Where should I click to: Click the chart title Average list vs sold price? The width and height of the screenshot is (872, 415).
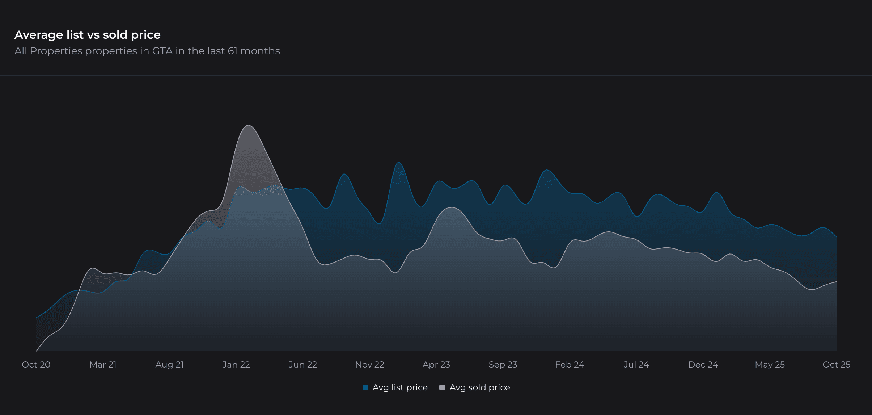point(88,35)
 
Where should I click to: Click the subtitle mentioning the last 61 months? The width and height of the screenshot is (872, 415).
point(147,51)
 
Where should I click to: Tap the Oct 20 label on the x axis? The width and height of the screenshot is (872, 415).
point(36,364)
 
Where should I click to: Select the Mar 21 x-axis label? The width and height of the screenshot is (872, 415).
point(103,364)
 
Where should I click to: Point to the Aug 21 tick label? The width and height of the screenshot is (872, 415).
point(169,364)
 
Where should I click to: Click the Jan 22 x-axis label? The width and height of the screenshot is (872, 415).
point(236,364)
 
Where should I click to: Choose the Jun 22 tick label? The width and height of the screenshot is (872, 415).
point(303,364)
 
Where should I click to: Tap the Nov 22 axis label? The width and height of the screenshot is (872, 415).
point(369,364)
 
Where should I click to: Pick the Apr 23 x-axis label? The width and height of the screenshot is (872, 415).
point(436,364)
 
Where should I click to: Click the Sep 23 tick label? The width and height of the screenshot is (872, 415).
point(503,364)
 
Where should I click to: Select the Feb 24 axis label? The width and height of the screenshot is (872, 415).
point(570,364)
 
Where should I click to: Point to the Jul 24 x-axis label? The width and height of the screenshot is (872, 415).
point(636,364)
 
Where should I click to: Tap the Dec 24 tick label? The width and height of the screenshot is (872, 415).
point(703,364)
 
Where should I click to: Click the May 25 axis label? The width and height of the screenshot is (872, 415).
point(770,364)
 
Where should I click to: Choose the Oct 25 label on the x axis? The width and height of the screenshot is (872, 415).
point(836,364)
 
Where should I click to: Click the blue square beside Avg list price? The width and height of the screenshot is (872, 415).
point(365,387)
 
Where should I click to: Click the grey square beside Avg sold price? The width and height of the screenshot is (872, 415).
point(442,387)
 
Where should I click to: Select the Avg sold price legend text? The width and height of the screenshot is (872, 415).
point(479,387)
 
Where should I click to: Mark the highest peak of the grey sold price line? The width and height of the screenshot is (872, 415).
point(249,125)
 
